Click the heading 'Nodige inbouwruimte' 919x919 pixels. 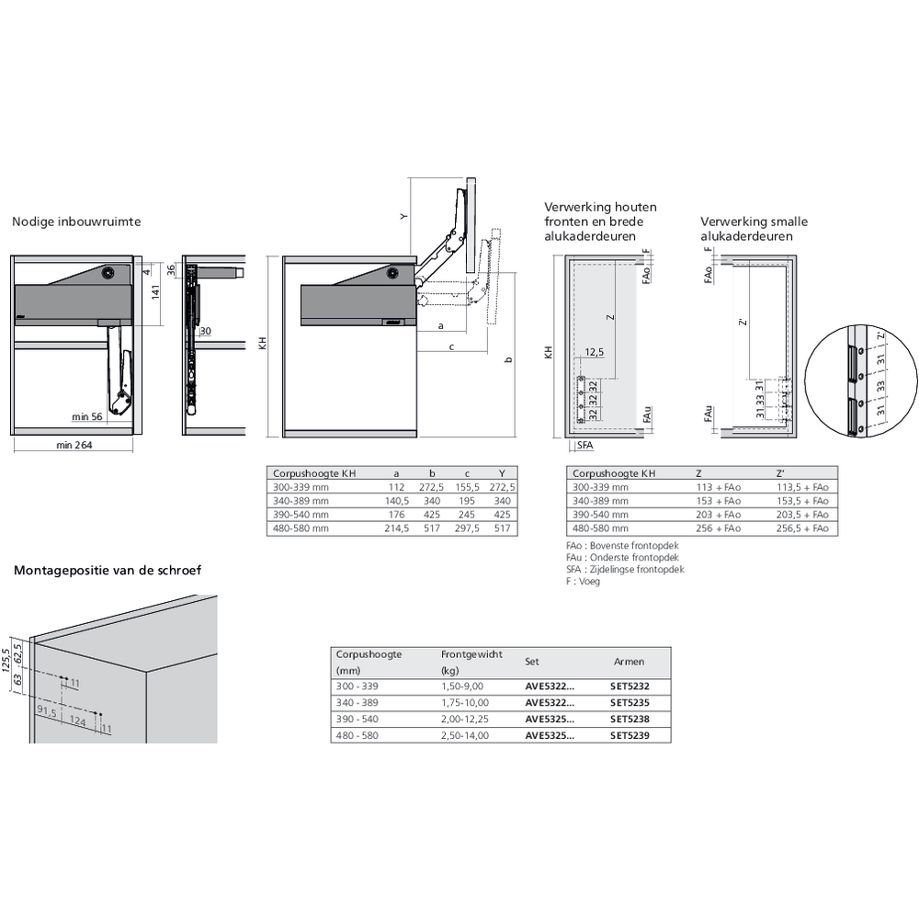tap(75, 221)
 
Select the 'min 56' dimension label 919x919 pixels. tap(88, 417)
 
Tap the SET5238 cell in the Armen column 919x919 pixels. tap(630, 720)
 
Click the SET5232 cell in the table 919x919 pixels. tap(630, 686)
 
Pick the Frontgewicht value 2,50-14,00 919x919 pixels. tap(464, 736)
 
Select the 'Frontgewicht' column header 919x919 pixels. tap(471, 654)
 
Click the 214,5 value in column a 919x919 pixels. tap(395, 529)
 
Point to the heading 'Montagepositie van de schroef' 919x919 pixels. tap(108, 570)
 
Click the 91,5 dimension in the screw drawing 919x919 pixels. tap(48, 710)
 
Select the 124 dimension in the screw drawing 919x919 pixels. tap(77, 723)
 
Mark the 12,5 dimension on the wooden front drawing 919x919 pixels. tap(594, 353)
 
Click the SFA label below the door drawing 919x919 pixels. tap(584, 446)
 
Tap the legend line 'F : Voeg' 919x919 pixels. tap(584, 582)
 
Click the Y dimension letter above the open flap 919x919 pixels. tap(403, 217)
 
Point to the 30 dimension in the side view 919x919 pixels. tap(205, 331)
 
